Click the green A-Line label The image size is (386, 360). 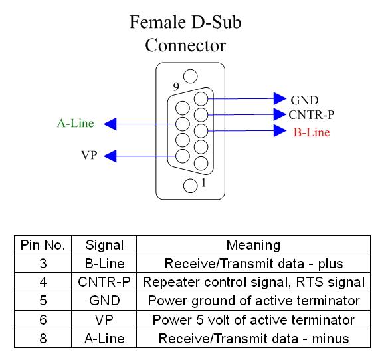point(76,123)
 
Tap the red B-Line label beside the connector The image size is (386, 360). point(312,132)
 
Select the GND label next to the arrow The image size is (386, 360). point(304,100)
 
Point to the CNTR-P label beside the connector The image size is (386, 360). point(312,115)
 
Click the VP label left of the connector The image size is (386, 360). point(89,155)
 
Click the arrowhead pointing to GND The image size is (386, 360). point(280,98)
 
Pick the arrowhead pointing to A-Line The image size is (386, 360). point(110,124)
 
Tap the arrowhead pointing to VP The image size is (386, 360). point(110,156)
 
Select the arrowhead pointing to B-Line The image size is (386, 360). point(280,130)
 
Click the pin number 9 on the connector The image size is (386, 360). point(176,87)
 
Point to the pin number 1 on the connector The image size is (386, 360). point(203,183)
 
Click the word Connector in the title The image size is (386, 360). point(185,45)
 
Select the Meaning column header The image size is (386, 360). point(253,245)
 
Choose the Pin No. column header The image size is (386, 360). point(43,245)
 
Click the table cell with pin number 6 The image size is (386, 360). point(43,320)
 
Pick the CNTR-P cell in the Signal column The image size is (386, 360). point(104,282)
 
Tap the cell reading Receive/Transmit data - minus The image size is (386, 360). point(254,339)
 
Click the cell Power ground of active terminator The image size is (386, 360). point(254,301)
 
